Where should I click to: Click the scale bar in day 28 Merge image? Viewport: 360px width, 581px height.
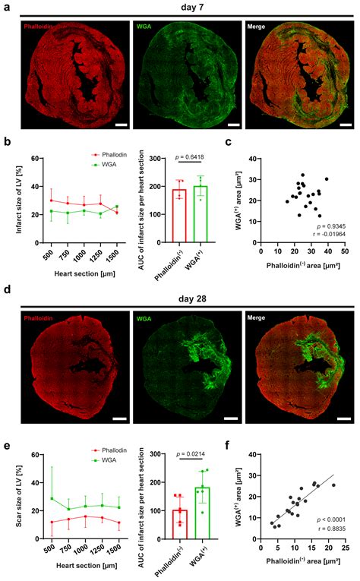(x=343, y=418)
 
